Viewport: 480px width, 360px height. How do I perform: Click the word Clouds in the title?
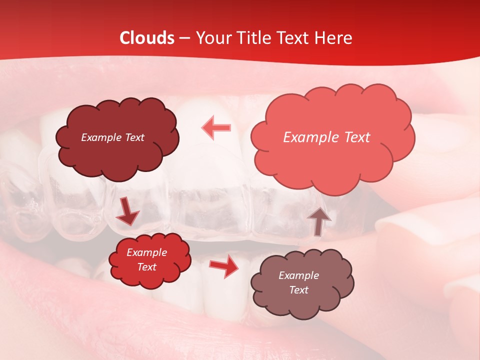click(x=147, y=38)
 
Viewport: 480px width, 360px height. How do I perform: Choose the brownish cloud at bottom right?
click(x=301, y=282)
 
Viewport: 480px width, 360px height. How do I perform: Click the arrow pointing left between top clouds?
click(x=216, y=127)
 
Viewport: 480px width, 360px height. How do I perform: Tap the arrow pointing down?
click(x=128, y=211)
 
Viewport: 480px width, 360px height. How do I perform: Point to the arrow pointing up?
click(x=318, y=220)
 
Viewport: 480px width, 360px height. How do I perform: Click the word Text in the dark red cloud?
click(x=134, y=137)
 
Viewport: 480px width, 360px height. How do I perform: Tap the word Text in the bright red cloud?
click(x=147, y=267)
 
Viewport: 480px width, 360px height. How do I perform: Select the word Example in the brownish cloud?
click(x=298, y=275)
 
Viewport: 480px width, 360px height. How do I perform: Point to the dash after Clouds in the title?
click(x=184, y=38)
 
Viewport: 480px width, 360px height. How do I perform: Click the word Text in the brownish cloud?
click(x=298, y=290)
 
